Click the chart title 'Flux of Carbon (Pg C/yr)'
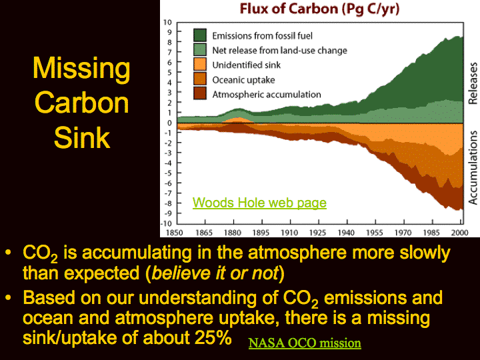click(319, 9)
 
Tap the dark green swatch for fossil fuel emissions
click(200, 35)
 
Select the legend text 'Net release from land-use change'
click(280, 50)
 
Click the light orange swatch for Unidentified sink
click(200, 64)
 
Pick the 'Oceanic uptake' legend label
click(244, 80)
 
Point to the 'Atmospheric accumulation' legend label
click(267, 94)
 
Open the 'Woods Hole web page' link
click(259, 203)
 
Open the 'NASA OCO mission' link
click(305, 343)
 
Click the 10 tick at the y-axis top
click(167, 23)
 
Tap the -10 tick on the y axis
click(166, 223)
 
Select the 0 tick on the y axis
click(169, 123)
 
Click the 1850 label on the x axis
click(175, 233)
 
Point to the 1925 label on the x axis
click(318, 233)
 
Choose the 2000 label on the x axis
click(460, 233)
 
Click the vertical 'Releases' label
click(473, 83)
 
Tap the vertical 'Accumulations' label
click(473, 168)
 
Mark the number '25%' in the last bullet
click(213, 337)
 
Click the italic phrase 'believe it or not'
click(215, 273)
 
